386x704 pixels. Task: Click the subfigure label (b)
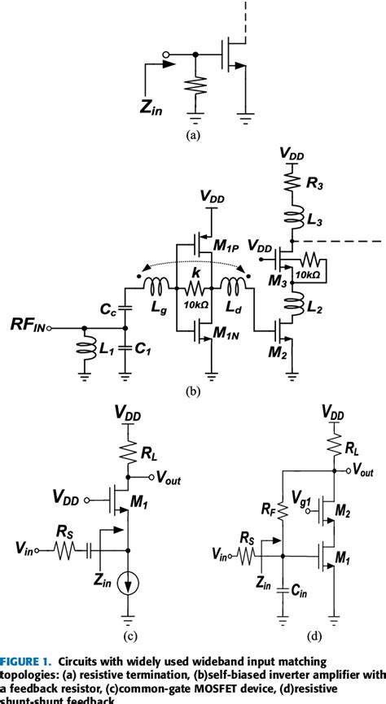point(193,391)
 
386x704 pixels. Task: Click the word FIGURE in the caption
point(24,659)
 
